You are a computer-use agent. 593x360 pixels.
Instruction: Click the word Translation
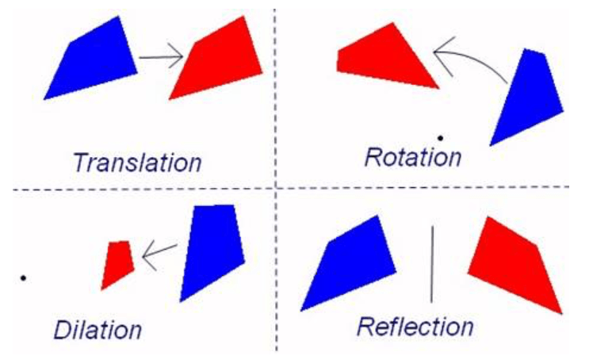click(x=137, y=163)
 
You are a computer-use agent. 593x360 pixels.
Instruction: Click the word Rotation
click(x=412, y=156)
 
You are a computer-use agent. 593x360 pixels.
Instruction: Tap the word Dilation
click(x=98, y=330)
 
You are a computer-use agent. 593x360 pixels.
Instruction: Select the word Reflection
click(x=415, y=326)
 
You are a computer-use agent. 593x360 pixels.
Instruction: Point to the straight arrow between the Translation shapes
click(x=161, y=57)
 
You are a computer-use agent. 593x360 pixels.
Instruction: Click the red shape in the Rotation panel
click(x=385, y=56)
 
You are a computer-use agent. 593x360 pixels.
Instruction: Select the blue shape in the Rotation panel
click(x=527, y=96)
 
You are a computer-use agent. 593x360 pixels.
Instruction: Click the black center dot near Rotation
click(x=440, y=138)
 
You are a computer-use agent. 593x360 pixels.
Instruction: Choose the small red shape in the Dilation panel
click(x=117, y=264)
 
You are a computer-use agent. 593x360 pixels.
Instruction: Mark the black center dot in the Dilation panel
click(x=24, y=278)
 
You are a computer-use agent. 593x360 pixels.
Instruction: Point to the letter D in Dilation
click(x=63, y=329)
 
